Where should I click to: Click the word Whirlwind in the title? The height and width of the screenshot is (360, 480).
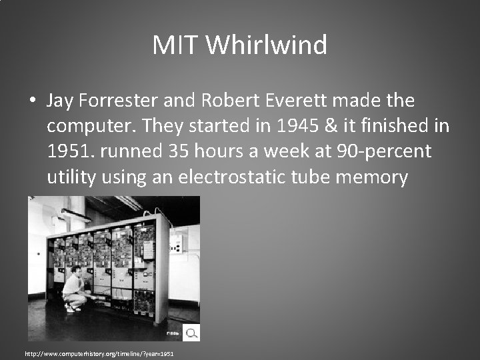[x=267, y=45]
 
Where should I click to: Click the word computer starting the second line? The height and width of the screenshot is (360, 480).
[x=89, y=126]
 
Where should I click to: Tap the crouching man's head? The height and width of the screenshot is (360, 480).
[x=77, y=271]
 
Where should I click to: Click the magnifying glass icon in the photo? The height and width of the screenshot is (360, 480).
[x=191, y=332]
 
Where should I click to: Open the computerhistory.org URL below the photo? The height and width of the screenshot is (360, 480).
[x=99, y=353]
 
